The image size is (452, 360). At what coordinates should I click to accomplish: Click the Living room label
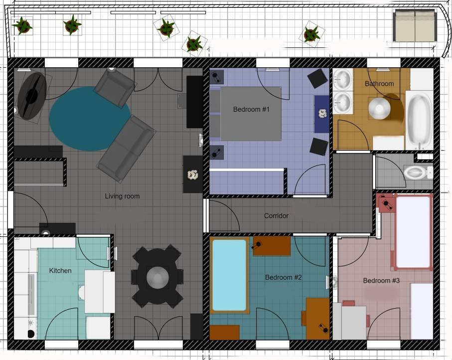[122, 196]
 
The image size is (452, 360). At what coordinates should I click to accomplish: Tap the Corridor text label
[276, 216]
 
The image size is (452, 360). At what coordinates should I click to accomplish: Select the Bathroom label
[379, 84]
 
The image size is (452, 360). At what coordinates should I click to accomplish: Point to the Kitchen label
[60, 271]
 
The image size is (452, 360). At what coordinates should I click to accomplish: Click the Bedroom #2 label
[284, 277]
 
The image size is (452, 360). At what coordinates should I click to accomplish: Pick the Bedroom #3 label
[381, 280]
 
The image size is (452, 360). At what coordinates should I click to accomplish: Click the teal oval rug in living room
[90, 119]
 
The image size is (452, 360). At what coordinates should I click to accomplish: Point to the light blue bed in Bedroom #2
[229, 275]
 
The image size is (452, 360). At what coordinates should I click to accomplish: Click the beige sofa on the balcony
[415, 26]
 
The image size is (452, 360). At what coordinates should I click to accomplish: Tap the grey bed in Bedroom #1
[245, 114]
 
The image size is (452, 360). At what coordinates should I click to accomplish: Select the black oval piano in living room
[31, 96]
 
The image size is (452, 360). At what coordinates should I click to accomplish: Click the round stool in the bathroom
[379, 109]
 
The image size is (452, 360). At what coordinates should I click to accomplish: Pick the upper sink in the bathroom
[343, 79]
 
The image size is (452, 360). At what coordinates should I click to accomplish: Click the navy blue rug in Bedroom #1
[322, 114]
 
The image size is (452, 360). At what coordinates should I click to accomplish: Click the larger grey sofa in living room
[126, 149]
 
